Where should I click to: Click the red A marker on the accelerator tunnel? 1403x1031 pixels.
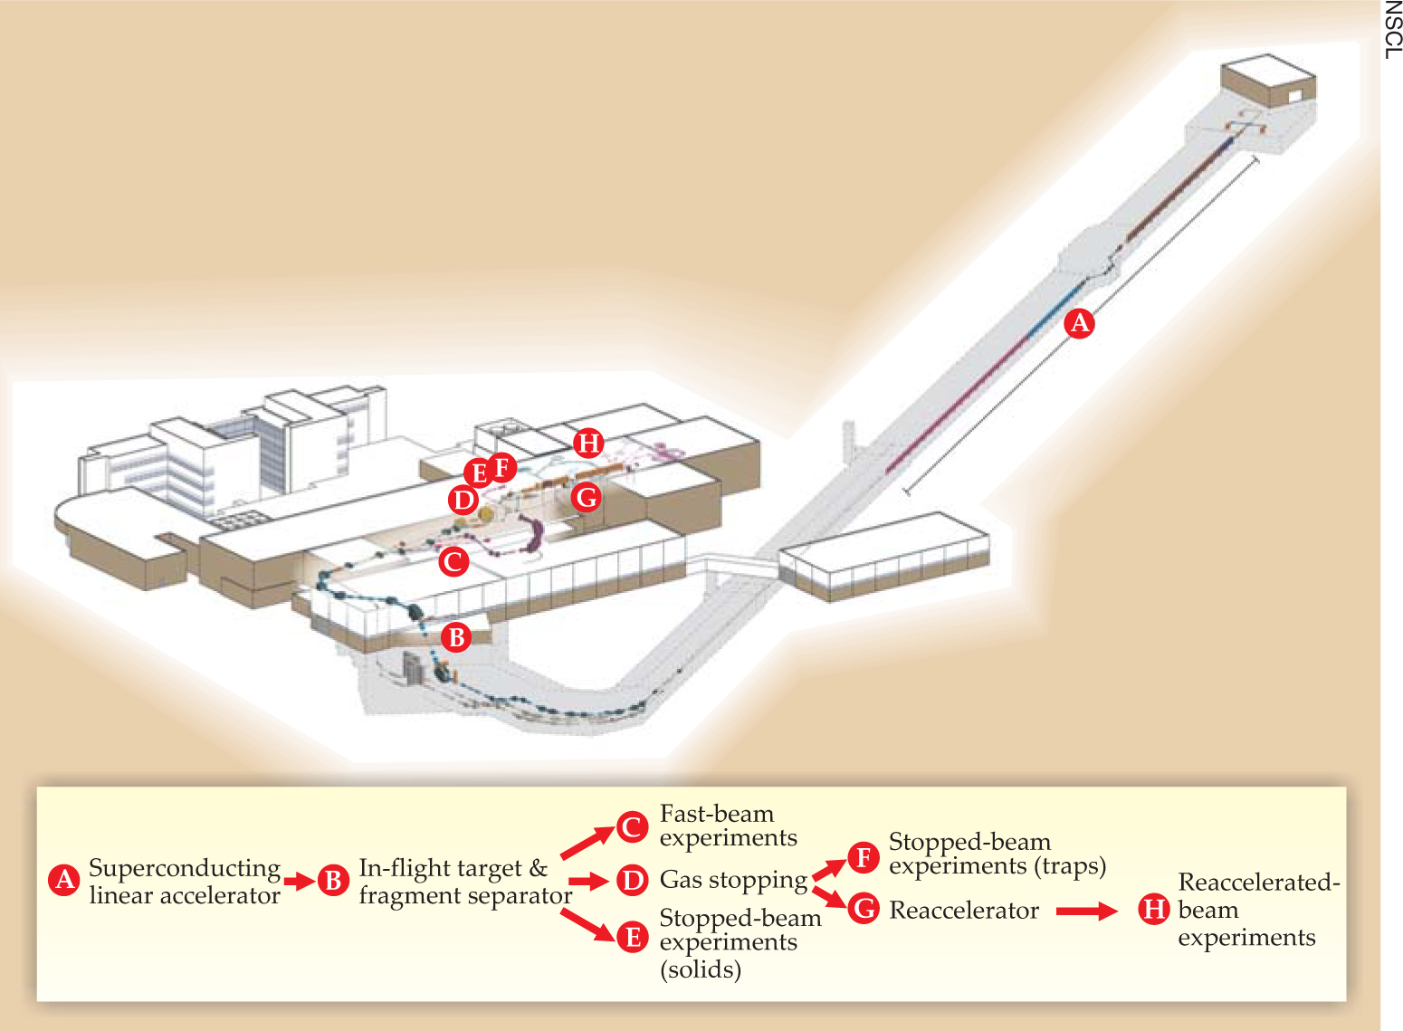(1079, 323)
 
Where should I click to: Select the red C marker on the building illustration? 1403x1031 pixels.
(453, 561)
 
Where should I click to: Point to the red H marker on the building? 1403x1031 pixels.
(589, 444)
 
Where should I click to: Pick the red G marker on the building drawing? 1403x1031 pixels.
(587, 497)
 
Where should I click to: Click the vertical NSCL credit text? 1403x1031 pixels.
(1392, 31)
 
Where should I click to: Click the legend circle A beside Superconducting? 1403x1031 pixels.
(64, 880)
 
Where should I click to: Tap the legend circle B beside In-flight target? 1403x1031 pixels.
(333, 880)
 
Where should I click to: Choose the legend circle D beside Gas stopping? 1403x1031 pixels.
(633, 880)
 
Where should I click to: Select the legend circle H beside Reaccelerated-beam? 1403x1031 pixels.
(1154, 909)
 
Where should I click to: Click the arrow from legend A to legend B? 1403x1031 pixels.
(299, 880)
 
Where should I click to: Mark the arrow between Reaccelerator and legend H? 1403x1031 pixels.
(1087, 911)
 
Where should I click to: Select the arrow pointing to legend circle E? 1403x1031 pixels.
(587, 924)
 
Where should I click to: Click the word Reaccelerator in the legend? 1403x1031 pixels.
(964, 911)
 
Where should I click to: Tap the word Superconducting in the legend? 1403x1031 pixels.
(185, 868)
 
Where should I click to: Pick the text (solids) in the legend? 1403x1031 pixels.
(701, 969)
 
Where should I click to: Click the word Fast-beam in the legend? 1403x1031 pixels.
(717, 814)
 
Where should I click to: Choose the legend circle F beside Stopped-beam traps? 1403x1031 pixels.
(864, 856)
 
